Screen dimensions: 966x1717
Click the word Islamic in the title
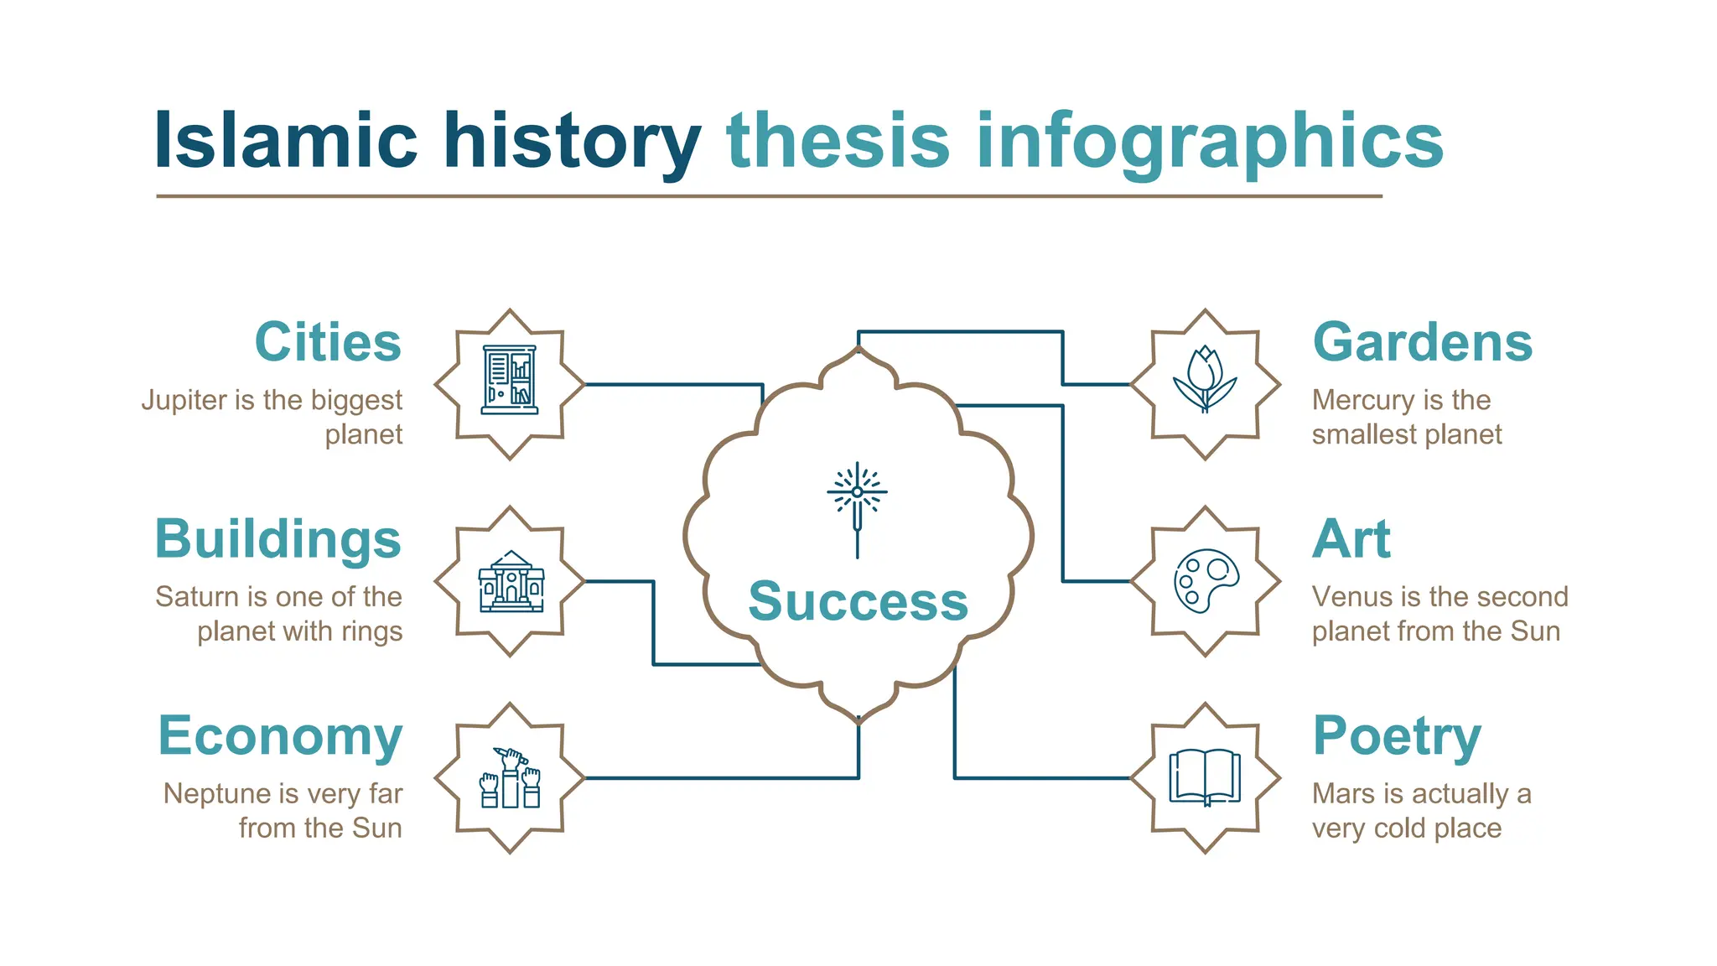[285, 141]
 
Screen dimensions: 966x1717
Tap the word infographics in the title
[1209, 141]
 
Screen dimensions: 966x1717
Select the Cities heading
[328, 342]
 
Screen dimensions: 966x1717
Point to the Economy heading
[280, 735]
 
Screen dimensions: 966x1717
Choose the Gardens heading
[1422, 342]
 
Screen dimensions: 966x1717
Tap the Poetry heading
[1396, 735]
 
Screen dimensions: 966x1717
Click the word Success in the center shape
[858, 601]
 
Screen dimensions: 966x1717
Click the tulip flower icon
[1205, 380]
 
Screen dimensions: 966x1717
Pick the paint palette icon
[1206, 580]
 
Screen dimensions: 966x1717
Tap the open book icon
[1205, 777]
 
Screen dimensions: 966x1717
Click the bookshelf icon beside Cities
[510, 380]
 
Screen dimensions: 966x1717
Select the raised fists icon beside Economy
[510, 778]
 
